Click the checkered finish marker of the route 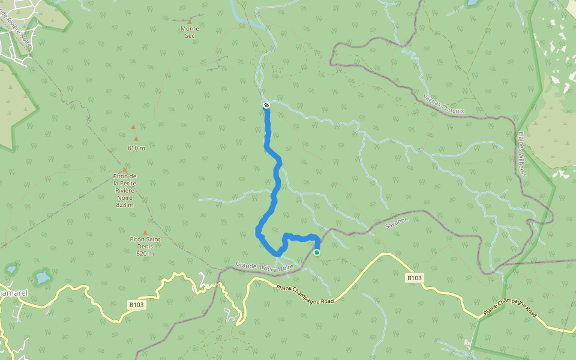point(266,105)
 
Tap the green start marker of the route point(317,253)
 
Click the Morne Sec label point(190,32)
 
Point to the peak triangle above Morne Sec point(190,22)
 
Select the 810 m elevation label point(136,148)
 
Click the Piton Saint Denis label point(145,246)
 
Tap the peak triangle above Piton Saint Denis point(145,233)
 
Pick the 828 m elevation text point(125,205)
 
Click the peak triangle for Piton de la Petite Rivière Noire point(125,170)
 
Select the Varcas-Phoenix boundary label point(443,104)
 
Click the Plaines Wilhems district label point(522,154)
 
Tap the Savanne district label point(397,224)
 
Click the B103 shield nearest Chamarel point(137,305)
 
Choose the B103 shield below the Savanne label point(415,278)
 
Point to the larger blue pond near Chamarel point(42,278)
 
